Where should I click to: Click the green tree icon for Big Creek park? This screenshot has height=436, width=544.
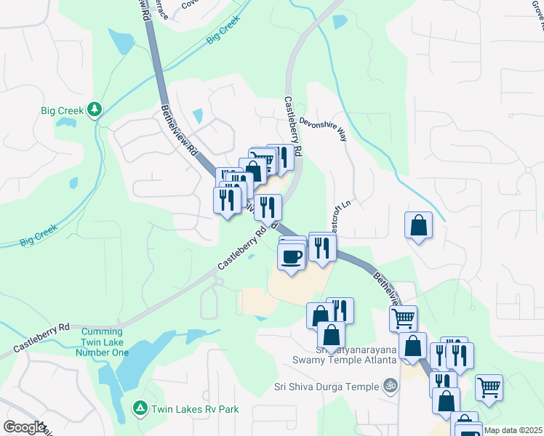94,110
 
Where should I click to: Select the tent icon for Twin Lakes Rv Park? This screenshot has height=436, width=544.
139,409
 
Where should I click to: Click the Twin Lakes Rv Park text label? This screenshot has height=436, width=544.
194,409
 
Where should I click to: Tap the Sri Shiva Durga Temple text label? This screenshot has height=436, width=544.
327,386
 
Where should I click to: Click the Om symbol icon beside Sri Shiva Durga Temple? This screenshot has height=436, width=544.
391,385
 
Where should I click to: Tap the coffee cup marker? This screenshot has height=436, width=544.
292,257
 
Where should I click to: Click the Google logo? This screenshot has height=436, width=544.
23,427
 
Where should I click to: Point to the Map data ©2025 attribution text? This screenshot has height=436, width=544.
513,430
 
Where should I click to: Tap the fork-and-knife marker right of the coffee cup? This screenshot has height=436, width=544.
321,247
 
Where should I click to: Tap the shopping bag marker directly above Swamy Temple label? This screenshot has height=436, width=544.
331,336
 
